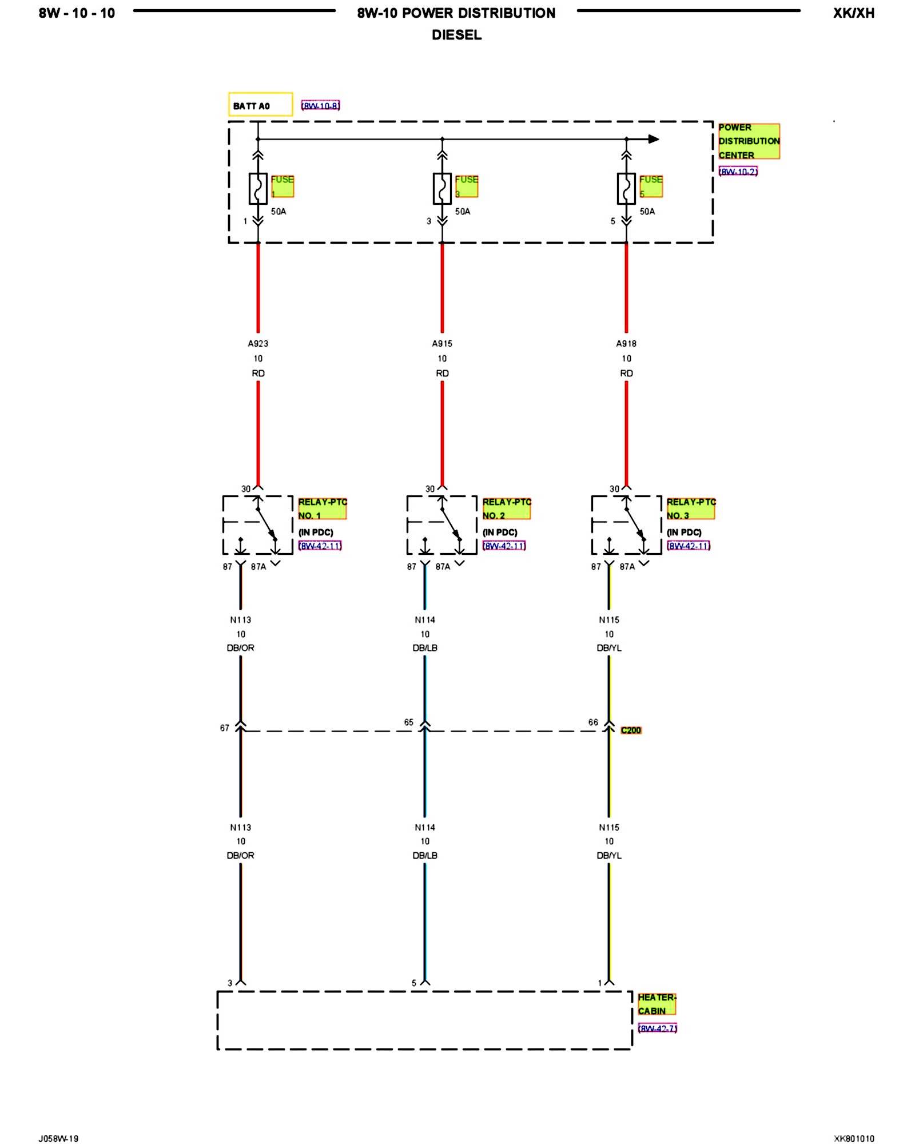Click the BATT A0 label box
pos(260,105)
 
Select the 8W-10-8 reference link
pos(320,106)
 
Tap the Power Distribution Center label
pos(749,141)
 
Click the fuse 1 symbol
pos(258,188)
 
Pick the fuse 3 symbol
pos(442,188)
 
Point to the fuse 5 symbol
pos(626,188)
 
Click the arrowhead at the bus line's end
pos(654,139)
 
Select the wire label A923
pos(258,344)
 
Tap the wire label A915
pos(442,344)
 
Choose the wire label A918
pos(626,344)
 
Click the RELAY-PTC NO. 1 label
pos(322,509)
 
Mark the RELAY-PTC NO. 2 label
pos(506,509)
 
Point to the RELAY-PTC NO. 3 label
pos(690,509)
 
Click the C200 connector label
pos(631,730)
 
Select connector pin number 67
pos(225,728)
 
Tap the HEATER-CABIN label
pos(657,1004)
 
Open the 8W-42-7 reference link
pos(658,1028)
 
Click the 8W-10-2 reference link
pos(738,172)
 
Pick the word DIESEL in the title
pos(456,35)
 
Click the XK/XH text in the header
pos(853,13)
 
